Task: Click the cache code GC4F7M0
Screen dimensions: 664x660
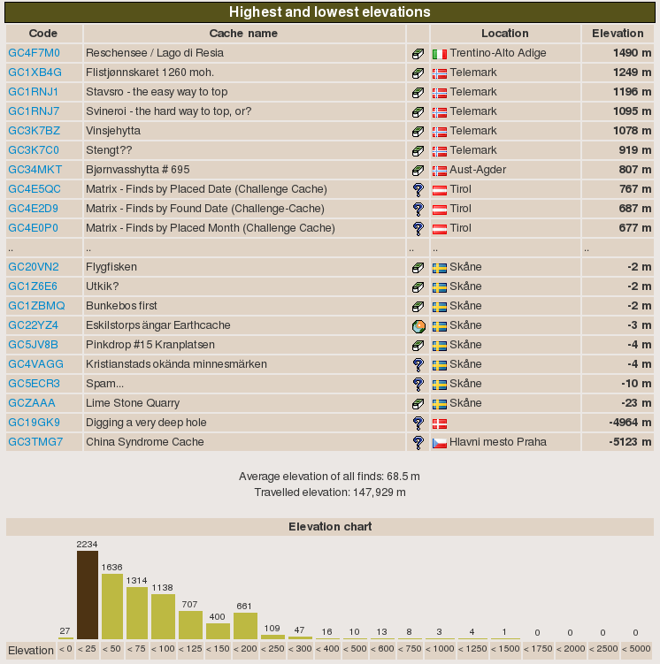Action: [x=34, y=53]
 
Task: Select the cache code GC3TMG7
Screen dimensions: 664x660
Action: [x=35, y=442]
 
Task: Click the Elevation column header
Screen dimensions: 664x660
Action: [x=618, y=34]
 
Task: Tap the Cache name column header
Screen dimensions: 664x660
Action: [x=243, y=34]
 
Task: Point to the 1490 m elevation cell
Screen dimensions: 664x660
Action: [x=632, y=53]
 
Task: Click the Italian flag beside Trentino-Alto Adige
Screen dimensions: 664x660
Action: [x=440, y=54]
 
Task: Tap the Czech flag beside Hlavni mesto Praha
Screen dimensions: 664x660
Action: [x=440, y=443]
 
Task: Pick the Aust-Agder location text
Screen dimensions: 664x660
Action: [x=479, y=170]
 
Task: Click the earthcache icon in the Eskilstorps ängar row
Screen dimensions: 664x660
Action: [x=418, y=326]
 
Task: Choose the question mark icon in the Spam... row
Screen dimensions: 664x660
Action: [x=418, y=385]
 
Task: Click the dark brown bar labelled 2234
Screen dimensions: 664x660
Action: [x=88, y=594]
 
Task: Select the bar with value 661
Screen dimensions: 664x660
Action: [x=245, y=625]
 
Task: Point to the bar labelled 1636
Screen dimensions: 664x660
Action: [x=112, y=606]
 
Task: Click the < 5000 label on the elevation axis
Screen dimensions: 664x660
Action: [x=635, y=650]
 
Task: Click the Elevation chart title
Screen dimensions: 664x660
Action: [x=330, y=527]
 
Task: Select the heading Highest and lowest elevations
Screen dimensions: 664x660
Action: [x=330, y=12]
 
